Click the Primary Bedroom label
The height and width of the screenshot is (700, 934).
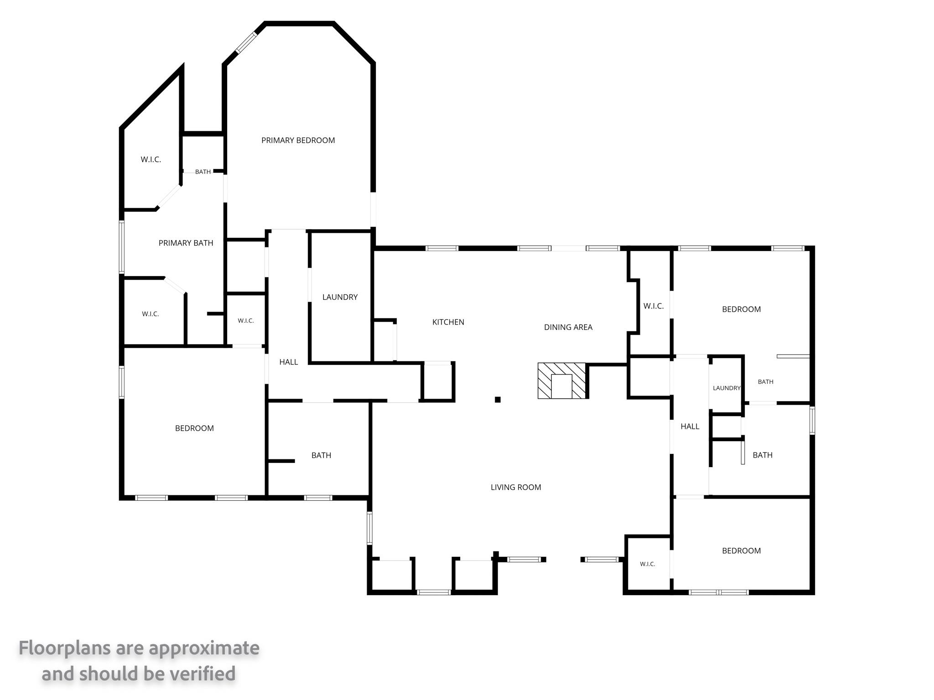298,140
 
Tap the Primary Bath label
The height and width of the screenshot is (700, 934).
186,243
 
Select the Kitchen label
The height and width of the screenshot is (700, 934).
448,322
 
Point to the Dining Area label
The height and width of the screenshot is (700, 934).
568,327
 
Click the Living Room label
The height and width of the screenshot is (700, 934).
516,487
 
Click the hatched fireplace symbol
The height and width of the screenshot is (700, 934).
561,381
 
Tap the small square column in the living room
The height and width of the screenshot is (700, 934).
498,400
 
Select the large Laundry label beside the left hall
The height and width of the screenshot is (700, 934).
340,297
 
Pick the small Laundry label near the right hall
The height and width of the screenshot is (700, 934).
726,388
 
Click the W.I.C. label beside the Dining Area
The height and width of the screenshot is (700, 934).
654,306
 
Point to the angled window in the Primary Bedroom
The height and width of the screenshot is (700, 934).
246,42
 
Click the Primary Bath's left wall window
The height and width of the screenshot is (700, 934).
122,247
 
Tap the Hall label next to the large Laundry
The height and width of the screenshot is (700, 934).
289,362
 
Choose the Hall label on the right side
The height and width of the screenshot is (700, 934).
690,427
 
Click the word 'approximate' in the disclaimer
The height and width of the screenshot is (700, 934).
204,648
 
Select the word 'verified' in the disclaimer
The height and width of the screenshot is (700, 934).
197,674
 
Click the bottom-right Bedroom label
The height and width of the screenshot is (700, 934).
742,551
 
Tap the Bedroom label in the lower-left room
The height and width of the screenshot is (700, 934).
194,428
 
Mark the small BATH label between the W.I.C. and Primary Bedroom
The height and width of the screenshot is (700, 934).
203,172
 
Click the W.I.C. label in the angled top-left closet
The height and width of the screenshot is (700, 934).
150,160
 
